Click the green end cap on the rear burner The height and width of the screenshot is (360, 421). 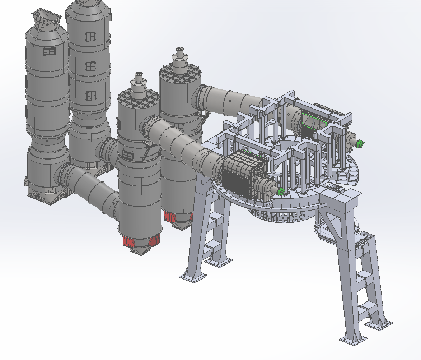[x=359, y=144]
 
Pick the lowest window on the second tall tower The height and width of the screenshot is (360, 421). [x=91, y=96]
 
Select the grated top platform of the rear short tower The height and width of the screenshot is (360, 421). [x=180, y=74]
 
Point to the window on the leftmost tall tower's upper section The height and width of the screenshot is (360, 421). [x=49, y=52]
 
